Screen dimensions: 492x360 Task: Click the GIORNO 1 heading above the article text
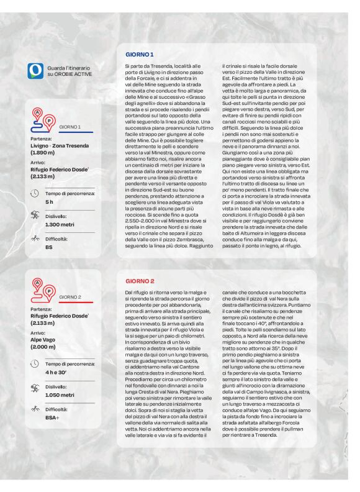click(x=140, y=55)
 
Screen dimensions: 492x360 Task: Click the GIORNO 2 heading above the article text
click(x=140, y=281)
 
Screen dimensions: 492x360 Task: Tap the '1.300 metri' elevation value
click(x=60, y=224)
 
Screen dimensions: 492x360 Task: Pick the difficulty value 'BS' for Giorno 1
click(x=49, y=247)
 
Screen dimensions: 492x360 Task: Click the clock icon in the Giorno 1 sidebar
click(x=35, y=193)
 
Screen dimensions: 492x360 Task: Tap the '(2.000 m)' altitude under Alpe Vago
click(x=44, y=347)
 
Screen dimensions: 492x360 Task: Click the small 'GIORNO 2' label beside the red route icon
click(x=70, y=298)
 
